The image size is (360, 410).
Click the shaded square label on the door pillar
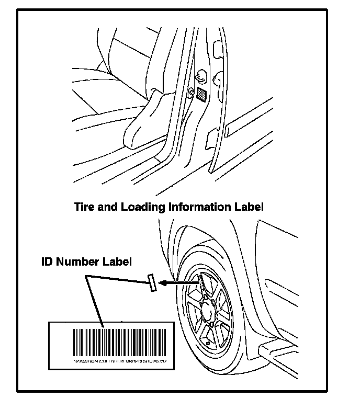[x=201, y=94]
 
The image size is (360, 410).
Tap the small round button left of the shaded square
[x=191, y=94]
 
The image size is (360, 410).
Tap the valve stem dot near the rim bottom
[x=208, y=343]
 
